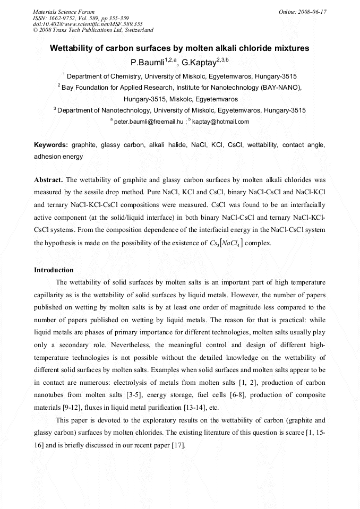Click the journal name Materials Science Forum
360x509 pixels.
pyautogui.click(x=64, y=11)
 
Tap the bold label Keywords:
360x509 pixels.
pyautogui.click(x=51, y=145)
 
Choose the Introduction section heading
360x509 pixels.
pyautogui.click(x=54, y=270)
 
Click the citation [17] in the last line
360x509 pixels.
pyautogui.click(x=176, y=445)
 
